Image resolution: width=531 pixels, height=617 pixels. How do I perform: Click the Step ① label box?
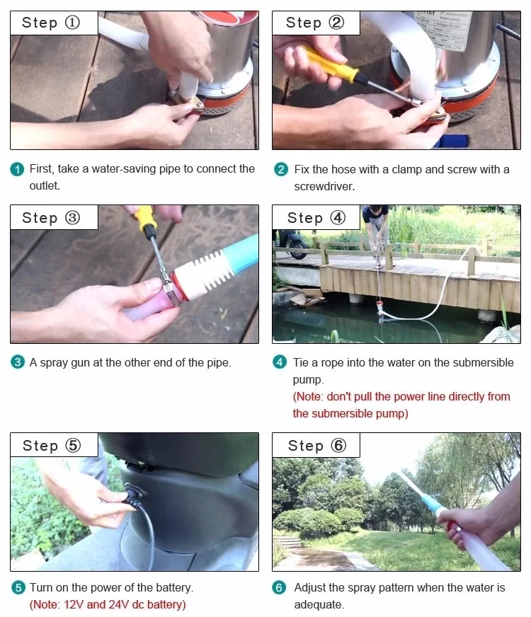(x=54, y=23)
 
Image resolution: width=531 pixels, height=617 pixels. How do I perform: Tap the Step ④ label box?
(x=316, y=217)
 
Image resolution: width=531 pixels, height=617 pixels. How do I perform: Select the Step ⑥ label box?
(x=316, y=445)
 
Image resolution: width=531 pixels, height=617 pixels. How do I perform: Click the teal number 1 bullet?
(x=17, y=170)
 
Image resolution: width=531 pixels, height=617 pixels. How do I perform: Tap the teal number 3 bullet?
(x=17, y=362)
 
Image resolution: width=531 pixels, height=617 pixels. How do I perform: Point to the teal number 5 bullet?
(x=18, y=587)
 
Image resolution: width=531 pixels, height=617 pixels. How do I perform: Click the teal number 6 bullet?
(x=279, y=587)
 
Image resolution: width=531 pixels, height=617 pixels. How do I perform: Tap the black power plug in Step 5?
(x=134, y=497)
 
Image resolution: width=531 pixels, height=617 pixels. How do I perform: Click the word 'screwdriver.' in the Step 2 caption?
(x=324, y=187)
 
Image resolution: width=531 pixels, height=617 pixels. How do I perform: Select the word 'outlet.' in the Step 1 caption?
(x=45, y=185)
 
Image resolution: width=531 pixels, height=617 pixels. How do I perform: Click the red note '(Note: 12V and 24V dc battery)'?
(x=108, y=604)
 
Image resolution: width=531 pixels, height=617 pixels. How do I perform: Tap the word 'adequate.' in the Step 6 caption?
(x=319, y=604)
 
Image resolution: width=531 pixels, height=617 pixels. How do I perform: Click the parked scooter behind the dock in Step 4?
(x=291, y=243)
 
